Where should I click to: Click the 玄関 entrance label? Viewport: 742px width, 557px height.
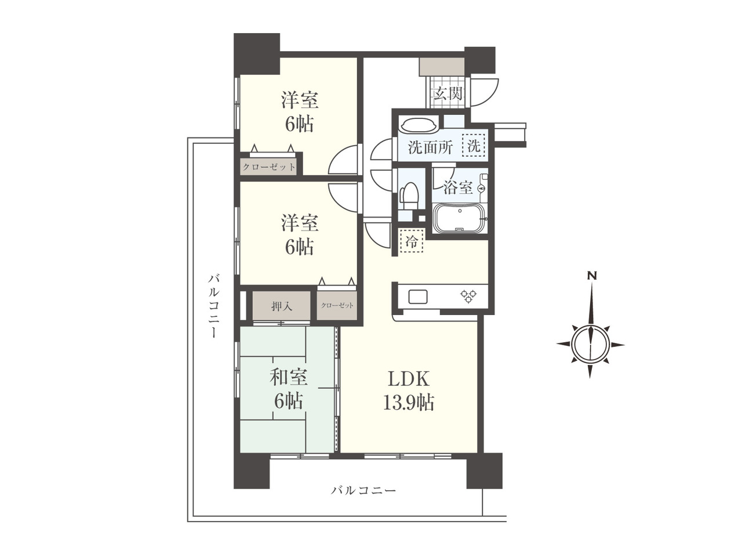448,93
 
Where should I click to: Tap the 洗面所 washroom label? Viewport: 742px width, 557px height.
430,147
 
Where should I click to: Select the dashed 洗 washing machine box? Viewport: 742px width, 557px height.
473,146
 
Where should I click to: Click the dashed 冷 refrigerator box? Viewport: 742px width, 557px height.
412,240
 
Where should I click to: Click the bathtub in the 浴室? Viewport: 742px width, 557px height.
460,218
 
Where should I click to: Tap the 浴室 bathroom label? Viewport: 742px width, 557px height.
458,187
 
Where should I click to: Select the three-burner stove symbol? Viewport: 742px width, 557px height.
468,295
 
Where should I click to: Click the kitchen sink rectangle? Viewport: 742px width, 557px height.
418,296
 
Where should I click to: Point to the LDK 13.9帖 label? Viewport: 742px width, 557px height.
409,390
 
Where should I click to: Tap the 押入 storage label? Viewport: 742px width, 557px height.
282,306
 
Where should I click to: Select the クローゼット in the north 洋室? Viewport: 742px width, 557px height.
269,167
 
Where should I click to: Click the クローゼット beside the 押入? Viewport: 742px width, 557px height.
337,305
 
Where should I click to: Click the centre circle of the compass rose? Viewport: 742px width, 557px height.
590,345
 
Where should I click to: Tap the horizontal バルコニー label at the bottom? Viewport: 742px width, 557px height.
363,490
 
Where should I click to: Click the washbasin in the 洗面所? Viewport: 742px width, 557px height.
419,125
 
